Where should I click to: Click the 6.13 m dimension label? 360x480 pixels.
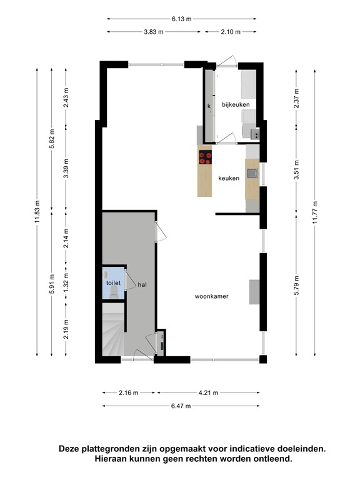click(x=181, y=19)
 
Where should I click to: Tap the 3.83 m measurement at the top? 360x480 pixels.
click(x=154, y=32)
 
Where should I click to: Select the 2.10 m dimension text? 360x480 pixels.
click(x=231, y=32)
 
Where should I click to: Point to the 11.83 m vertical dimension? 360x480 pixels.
click(x=37, y=212)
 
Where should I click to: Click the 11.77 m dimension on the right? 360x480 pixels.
click(x=315, y=212)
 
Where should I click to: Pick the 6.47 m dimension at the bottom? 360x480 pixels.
click(x=181, y=406)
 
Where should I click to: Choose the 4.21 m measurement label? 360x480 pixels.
click(x=209, y=392)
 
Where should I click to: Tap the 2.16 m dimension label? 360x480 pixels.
click(x=129, y=392)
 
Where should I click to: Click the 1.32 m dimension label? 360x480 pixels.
click(x=66, y=283)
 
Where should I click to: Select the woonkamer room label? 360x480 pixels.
click(x=211, y=296)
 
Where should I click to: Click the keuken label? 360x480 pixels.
click(x=229, y=178)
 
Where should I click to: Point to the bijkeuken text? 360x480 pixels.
click(x=236, y=105)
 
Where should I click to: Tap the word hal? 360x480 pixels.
click(x=142, y=285)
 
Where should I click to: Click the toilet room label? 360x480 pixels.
click(x=113, y=283)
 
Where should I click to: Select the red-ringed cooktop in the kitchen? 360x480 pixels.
click(x=205, y=157)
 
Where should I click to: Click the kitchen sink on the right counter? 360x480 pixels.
click(x=253, y=174)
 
